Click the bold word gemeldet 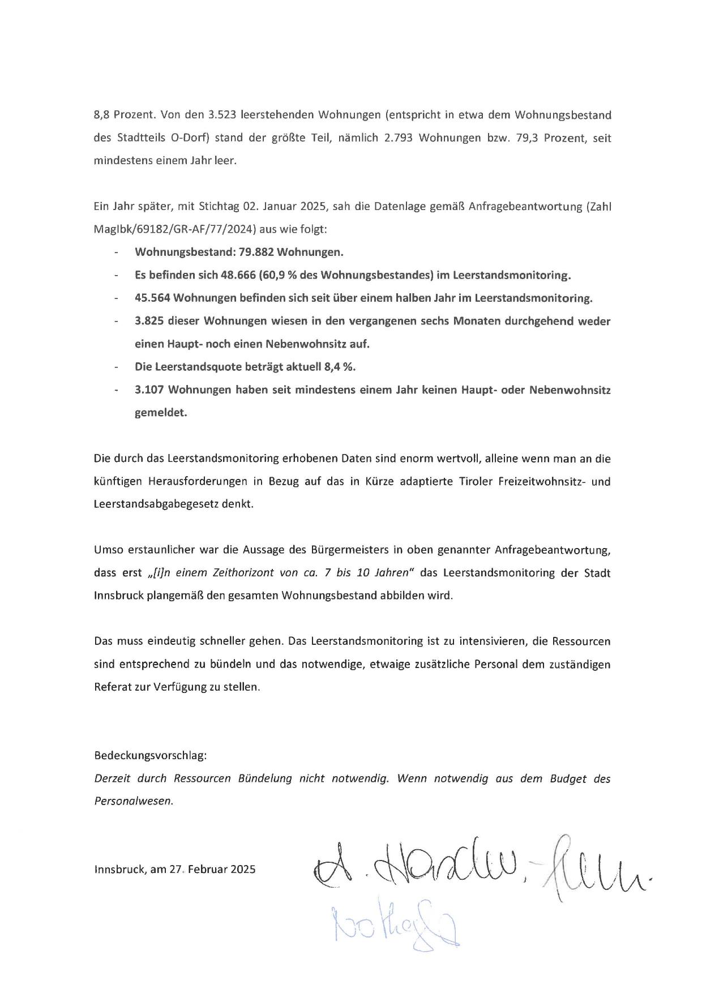click(x=161, y=413)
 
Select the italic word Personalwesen click(x=133, y=802)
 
